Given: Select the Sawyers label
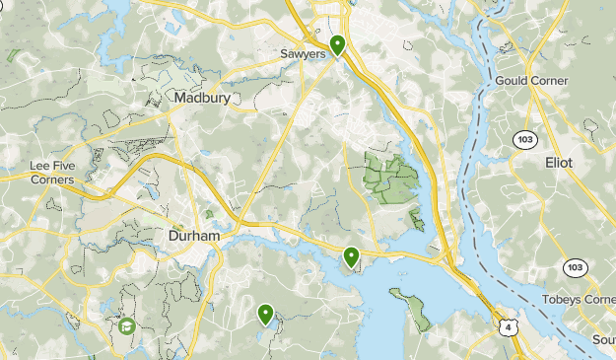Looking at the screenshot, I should point(302,55).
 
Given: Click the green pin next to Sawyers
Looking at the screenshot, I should point(337,44).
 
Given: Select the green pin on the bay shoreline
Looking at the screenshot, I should point(351,257).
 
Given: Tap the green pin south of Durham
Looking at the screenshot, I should point(265,314).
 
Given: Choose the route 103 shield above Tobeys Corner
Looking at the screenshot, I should point(574,267).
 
